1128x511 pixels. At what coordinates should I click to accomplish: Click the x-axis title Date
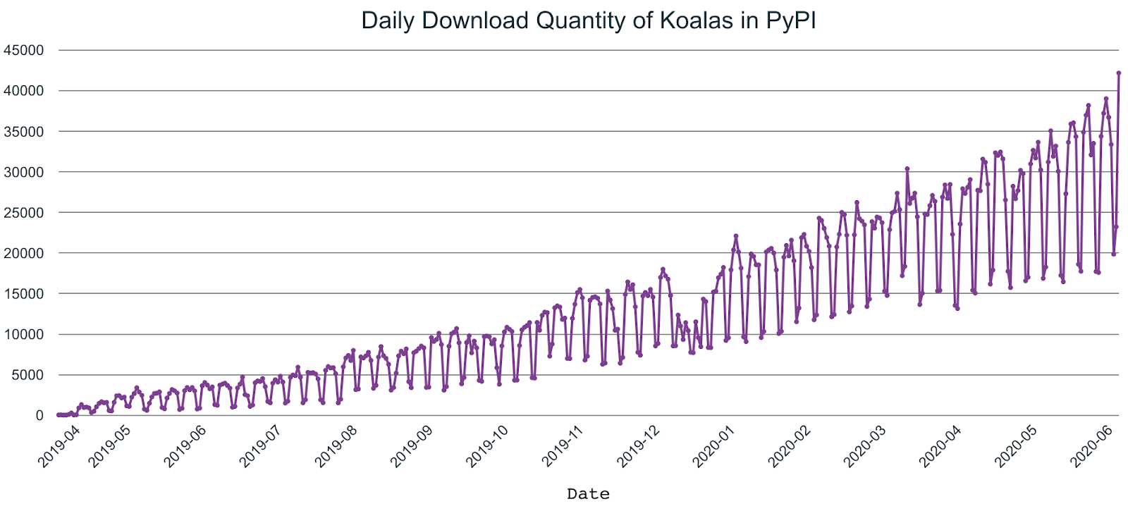(588, 494)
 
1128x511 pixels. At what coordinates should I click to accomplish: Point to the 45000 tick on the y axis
(23, 50)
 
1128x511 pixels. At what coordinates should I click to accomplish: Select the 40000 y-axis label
(23, 91)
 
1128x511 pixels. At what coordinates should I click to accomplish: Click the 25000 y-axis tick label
(23, 213)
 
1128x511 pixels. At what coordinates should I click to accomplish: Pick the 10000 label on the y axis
(23, 334)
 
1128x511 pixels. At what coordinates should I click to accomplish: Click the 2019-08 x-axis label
(336, 445)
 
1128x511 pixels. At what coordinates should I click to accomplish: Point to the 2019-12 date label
(638, 445)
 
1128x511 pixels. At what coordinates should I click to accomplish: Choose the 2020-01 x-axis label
(713, 445)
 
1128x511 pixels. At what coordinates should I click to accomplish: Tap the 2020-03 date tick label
(865, 445)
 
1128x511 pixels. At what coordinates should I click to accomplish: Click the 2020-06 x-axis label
(1091, 445)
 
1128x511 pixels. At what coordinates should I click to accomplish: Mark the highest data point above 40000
(1118, 73)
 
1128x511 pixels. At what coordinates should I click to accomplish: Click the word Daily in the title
(388, 20)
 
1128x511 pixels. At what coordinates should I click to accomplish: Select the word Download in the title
(474, 20)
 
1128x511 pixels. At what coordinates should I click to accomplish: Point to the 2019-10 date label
(487, 445)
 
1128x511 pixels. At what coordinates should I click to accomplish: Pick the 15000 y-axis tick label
(23, 294)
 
